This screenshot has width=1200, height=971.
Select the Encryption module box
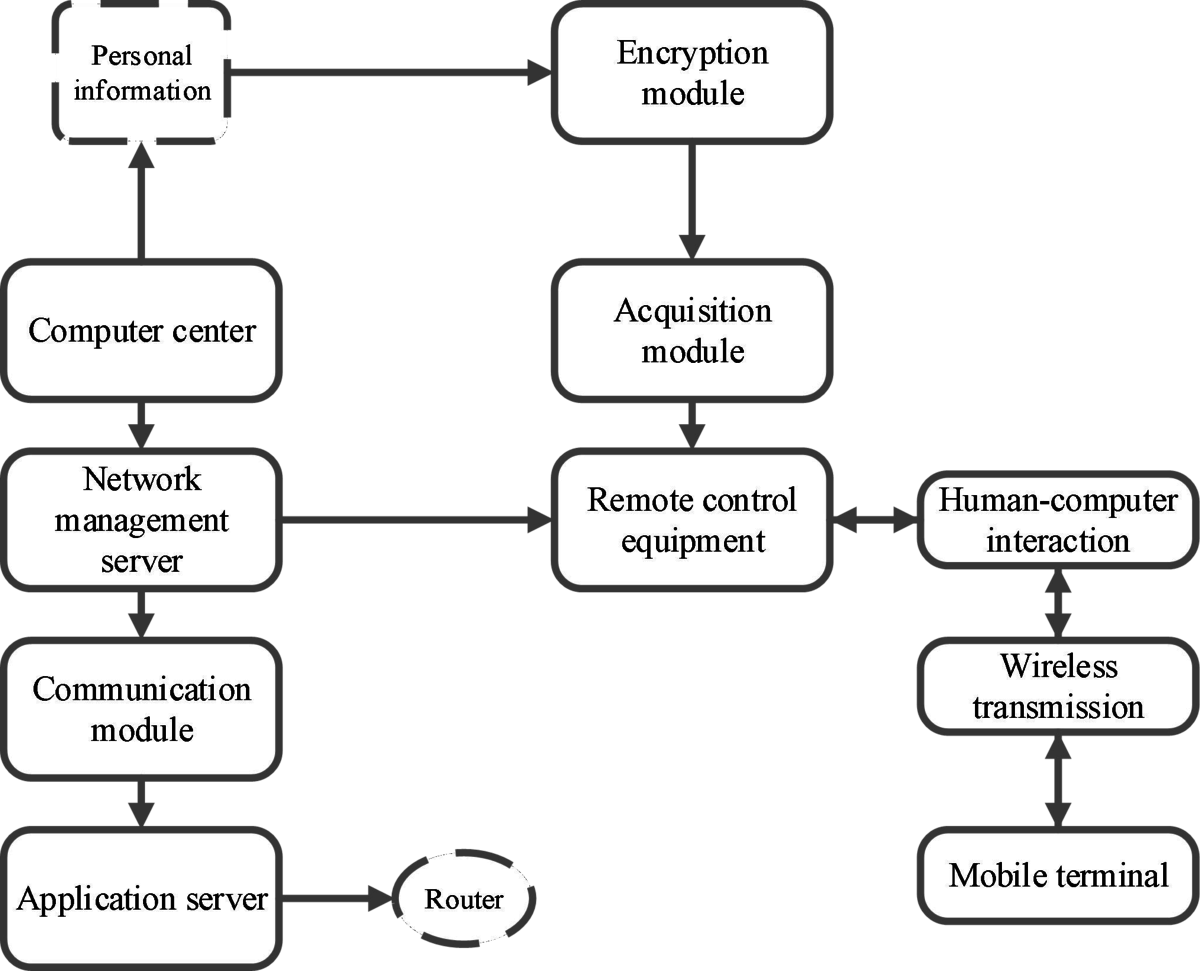tap(693, 72)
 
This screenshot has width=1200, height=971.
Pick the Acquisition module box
tap(693, 331)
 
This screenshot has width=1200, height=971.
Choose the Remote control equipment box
tap(693, 519)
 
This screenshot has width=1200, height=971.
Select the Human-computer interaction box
tap(1058, 520)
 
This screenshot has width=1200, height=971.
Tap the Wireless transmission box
tap(1058, 687)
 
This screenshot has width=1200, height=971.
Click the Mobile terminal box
tap(1058, 875)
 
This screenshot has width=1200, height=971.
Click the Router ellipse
tap(463, 898)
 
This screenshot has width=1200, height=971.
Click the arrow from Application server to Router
tap(335, 898)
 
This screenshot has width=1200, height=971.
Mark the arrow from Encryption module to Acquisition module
tap(693, 200)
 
